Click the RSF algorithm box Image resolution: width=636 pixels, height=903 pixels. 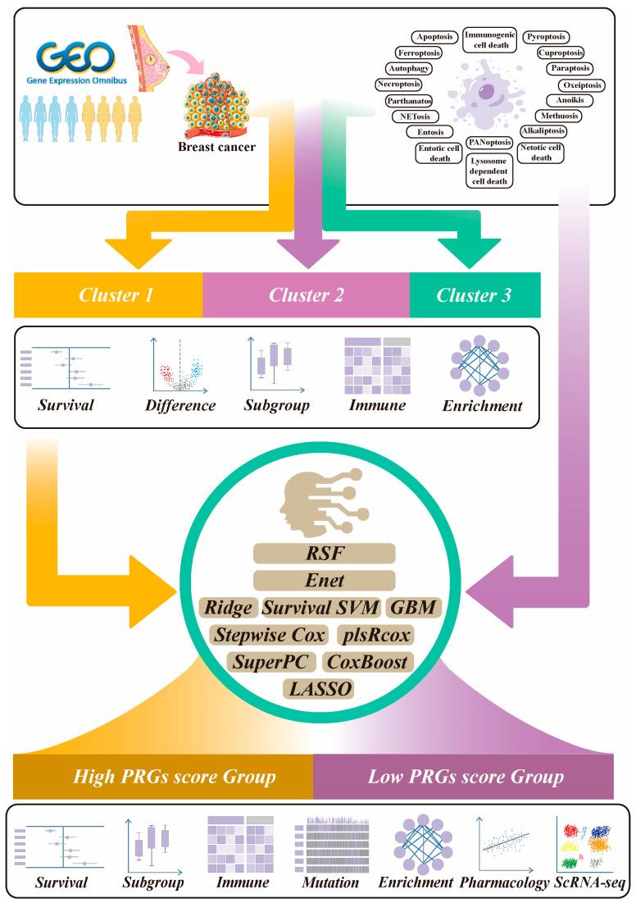coord(324,554)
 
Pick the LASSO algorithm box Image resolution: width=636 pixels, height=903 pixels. coord(320,688)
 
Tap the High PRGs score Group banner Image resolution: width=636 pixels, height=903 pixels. coord(163,776)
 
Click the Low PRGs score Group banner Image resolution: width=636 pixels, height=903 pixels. coord(463,776)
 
